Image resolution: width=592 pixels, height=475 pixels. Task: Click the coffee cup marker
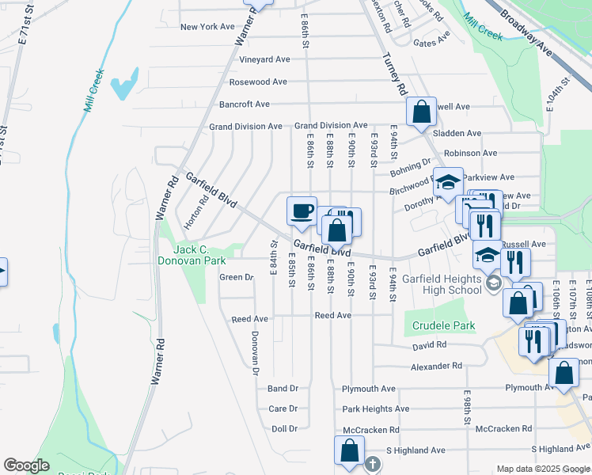302,211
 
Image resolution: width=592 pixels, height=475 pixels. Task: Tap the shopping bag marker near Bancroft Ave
421,112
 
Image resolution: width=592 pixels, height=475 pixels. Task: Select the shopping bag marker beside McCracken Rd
349,450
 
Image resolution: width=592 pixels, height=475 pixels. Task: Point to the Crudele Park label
443,325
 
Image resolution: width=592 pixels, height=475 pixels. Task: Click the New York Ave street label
207,26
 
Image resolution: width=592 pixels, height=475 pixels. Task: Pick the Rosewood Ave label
257,82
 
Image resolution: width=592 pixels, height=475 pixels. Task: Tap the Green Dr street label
236,277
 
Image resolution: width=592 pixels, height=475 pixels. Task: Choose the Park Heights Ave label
375,409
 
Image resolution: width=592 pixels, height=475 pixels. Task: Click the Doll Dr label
284,428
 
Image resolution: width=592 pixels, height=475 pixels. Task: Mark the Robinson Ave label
470,153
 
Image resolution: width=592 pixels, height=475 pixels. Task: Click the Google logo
26,465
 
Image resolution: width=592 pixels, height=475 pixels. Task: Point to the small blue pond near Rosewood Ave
124,86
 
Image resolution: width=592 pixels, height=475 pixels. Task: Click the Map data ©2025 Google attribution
542,469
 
